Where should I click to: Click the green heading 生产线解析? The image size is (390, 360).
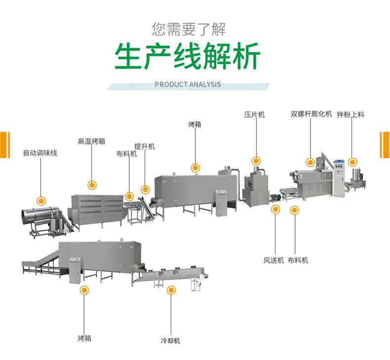[x=188, y=57]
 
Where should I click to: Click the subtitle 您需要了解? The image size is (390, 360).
[x=189, y=29]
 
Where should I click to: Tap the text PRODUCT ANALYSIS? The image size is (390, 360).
[x=188, y=84]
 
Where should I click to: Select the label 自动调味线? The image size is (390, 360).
[x=40, y=153]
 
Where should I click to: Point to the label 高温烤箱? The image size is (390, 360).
[x=91, y=142]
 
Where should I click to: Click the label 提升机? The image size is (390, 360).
[x=145, y=146]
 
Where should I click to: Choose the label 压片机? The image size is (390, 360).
[x=255, y=114]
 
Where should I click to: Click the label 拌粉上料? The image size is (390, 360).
[x=351, y=114]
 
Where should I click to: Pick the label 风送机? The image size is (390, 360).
[x=273, y=260]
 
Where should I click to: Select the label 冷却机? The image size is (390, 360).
[x=170, y=340]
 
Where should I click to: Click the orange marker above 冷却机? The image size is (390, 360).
[x=171, y=290]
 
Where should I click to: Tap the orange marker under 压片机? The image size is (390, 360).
[x=256, y=161]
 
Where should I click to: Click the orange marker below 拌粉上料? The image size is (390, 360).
[x=352, y=162]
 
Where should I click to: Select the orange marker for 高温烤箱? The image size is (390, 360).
[x=92, y=185]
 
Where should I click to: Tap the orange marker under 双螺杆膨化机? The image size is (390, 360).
[x=310, y=162]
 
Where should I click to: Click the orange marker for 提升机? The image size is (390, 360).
[x=145, y=189]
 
